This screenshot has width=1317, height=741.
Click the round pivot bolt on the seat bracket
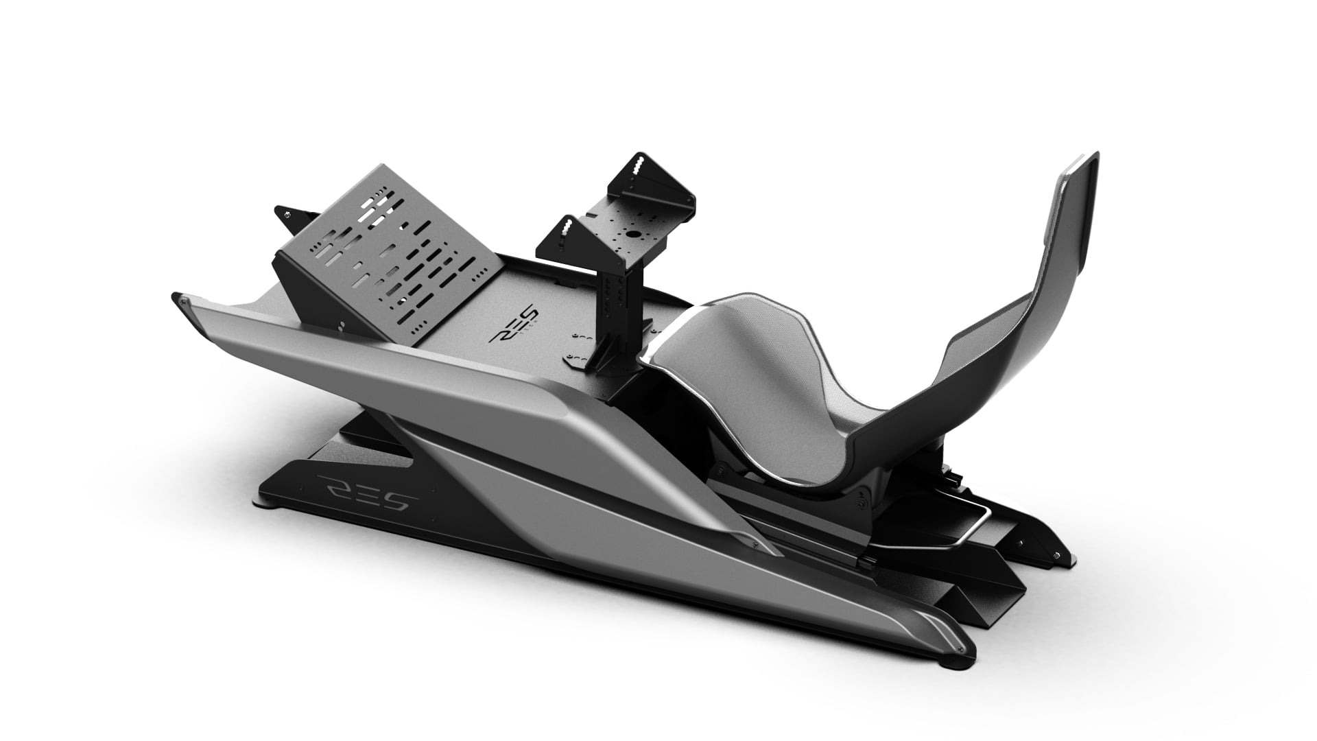859,504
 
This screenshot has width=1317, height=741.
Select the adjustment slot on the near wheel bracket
566,230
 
